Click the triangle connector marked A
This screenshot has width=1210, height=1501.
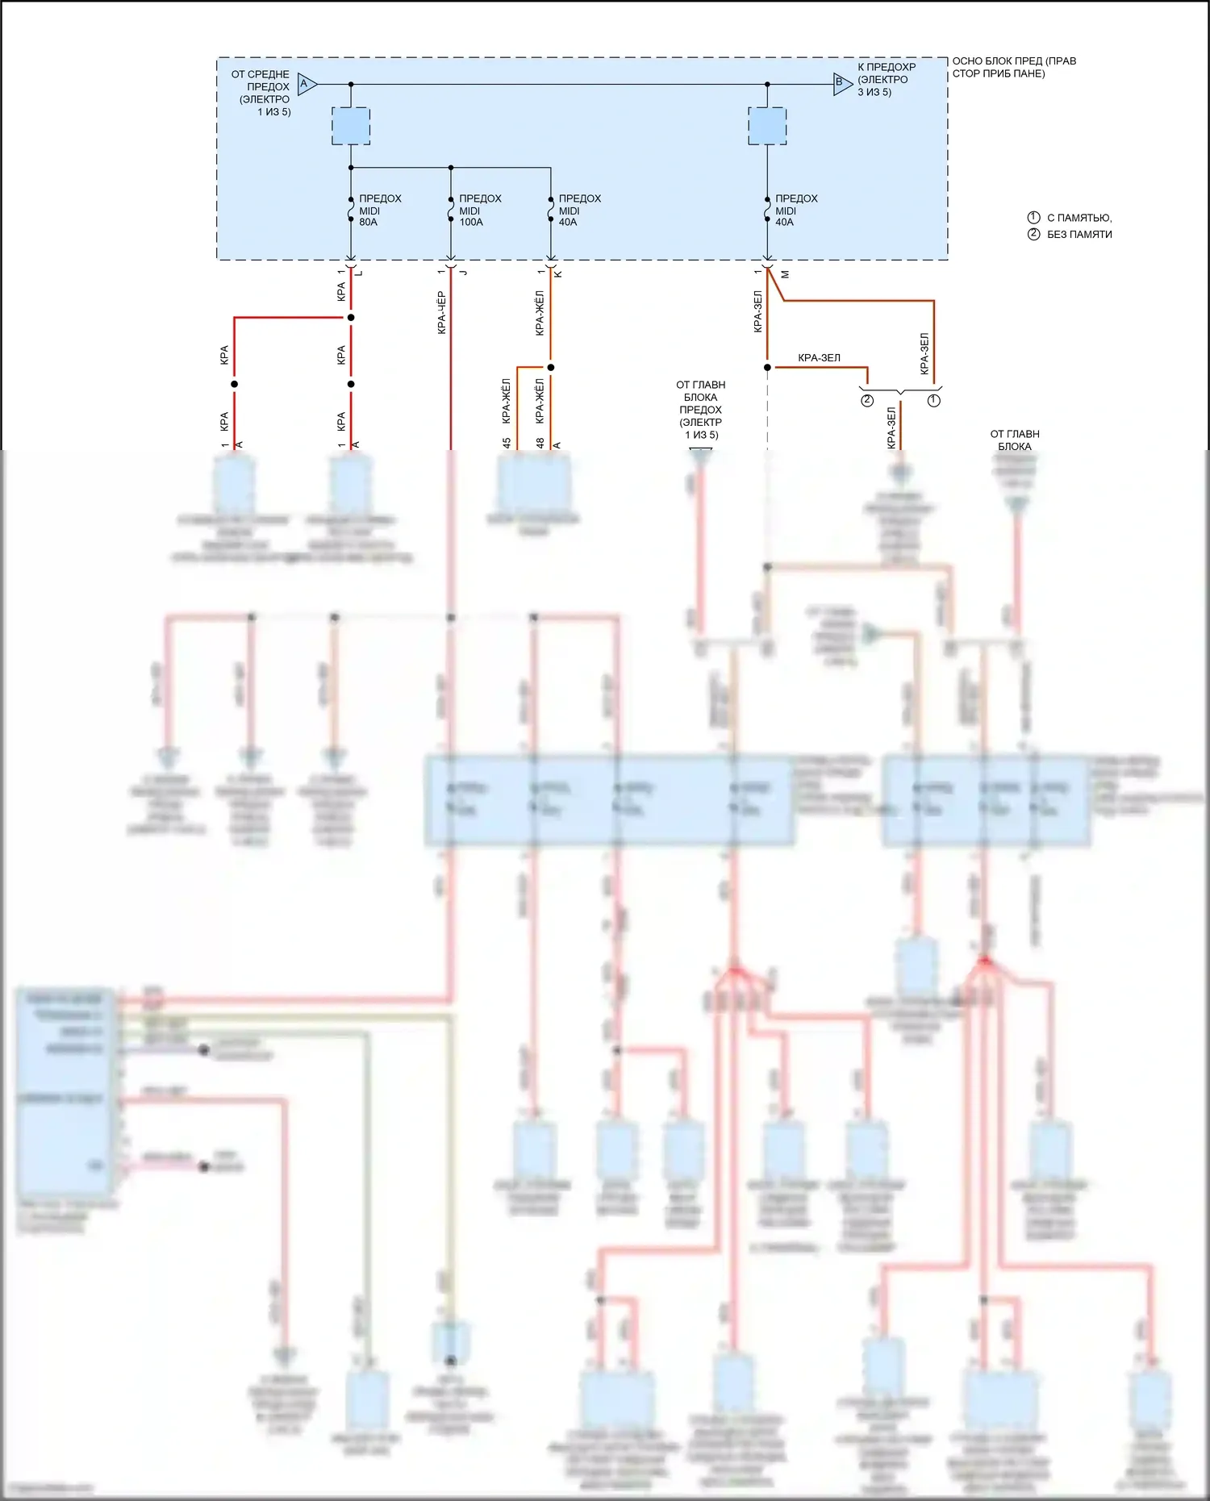[307, 84]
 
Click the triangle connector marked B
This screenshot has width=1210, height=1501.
[842, 83]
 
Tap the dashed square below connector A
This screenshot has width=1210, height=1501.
[351, 126]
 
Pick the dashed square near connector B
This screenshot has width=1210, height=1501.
[767, 126]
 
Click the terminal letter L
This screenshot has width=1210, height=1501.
[359, 273]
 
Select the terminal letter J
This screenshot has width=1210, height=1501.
[463, 273]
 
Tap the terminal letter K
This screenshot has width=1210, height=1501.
[558, 273]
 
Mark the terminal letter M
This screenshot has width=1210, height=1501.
[785, 274]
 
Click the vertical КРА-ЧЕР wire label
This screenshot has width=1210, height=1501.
[441, 313]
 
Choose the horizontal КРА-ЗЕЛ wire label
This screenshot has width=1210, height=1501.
[819, 357]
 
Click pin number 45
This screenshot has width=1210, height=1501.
[506, 443]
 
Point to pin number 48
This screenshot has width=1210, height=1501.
[540, 443]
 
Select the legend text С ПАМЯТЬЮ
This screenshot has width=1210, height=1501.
[1079, 218]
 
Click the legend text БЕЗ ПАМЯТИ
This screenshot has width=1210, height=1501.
[1079, 235]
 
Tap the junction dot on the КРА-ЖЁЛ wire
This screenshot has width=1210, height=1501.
[551, 368]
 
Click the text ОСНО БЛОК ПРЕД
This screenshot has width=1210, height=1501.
[1013, 61]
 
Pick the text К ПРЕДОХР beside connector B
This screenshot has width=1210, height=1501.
[887, 67]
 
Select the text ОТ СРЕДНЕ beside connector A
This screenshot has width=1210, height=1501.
[260, 74]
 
